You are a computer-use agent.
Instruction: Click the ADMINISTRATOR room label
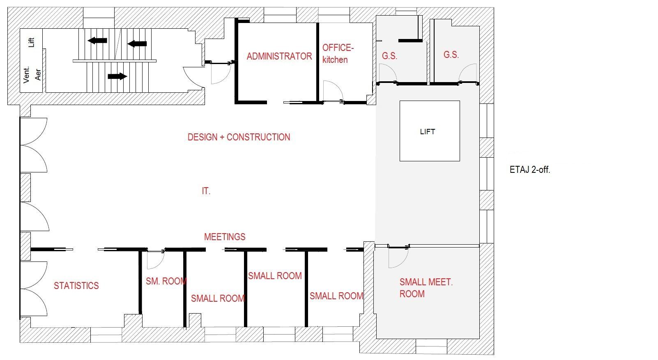(x=279, y=56)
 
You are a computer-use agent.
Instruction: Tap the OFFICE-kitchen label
(x=337, y=53)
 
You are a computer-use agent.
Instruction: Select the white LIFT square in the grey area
(x=430, y=131)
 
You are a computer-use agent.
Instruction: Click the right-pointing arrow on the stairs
(x=117, y=76)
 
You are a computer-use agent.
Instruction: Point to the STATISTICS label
(x=76, y=286)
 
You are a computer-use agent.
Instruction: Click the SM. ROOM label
(x=166, y=281)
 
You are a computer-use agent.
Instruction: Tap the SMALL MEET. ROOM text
(x=426, y=288)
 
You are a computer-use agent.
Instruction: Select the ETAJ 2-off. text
(x=530, y=170)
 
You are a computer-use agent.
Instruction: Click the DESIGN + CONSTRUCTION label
(x=239, y=137)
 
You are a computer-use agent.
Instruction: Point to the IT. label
(x=206, y=191)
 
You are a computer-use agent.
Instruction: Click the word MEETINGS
(x=225, y=237)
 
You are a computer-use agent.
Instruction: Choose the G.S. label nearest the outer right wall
(x=451, y=55)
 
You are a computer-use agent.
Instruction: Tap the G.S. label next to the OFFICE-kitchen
(x=389, y=56)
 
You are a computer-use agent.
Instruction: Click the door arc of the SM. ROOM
(x=156, y=259)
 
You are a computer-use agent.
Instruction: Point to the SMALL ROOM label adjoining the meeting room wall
(x=336, y=296)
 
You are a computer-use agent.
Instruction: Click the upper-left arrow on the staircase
(x=97, y=40)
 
